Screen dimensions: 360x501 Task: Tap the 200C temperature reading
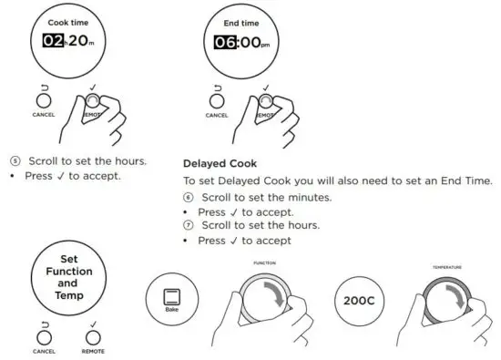point(358,300)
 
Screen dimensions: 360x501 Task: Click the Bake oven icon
point(170,296)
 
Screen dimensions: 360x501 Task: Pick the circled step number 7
point(189,225)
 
